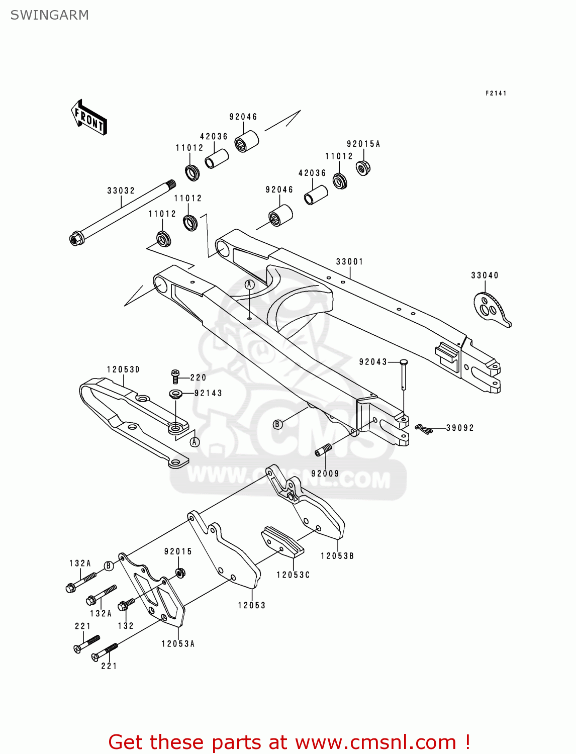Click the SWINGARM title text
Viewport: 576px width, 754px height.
[49, 15]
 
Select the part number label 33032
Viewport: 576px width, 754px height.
[121, 191]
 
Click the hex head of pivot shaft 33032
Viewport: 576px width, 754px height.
[76, 238]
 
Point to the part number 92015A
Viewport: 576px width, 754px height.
[363, 144]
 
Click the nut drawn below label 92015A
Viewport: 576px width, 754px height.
[363, 167]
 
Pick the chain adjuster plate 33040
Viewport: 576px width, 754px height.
[491, 309]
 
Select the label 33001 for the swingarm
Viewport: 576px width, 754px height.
[349, 261]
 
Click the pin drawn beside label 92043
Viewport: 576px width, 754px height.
[404, 374]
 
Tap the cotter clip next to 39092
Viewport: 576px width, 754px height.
[424, 429]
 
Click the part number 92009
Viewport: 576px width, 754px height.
[325, 474]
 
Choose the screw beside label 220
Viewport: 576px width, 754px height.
[175, 376]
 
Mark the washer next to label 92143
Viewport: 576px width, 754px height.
[176, 393]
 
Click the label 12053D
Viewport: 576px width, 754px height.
[123, 369]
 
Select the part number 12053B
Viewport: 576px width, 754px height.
[337, 556]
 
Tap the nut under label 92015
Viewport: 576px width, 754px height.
[179, 573]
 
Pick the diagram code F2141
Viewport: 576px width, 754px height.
[496, 93]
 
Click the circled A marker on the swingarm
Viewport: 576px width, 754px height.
[250, 285]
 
